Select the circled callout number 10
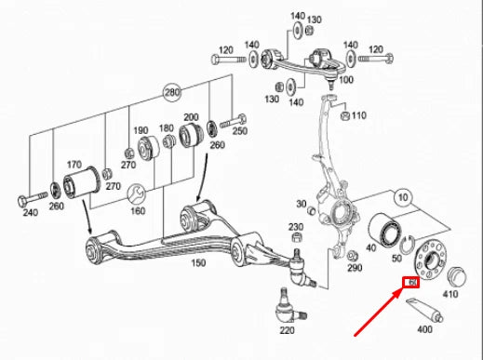click(402, 197)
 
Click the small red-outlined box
click(410, 285)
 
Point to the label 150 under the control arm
click(197, 264)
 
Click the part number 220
click(286, 329)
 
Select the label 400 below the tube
click(425, 329)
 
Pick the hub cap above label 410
click(456, 276)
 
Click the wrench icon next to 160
click(139, 193)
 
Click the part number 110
click(359, 116)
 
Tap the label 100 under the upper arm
click(346, 80)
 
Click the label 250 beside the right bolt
click(239, 131)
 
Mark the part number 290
click(354, 268)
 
